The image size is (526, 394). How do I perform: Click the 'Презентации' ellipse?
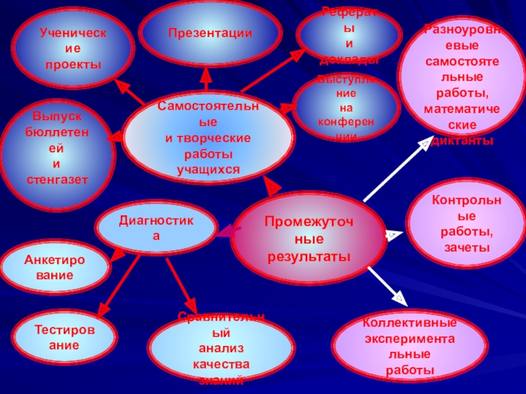pyautogui.click(x=209, y=33)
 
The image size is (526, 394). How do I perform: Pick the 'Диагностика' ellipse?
pyautogui.click(x=156, y=227)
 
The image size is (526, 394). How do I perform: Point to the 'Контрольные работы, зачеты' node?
pyautogui.click(x=466, y=223)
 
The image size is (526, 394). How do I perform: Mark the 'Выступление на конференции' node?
pyautogui.click(x=346, y=107)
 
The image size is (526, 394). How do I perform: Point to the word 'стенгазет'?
pyautogui.click(x=57, y=179)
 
